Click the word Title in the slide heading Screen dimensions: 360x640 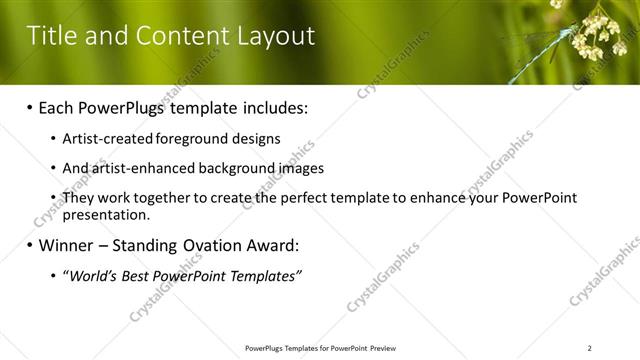pyautogui.click(x=51, y=37)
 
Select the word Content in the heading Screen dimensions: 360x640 pyautogui.click(x=180, y=37)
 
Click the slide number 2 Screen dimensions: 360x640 pyautogui.click(x=590, y=348)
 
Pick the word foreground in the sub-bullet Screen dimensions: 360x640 pyautogui.click(x=194, y=140)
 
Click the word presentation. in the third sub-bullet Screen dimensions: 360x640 pyautogui.click(x=106, y=214)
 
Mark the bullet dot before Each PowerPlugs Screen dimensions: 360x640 pyautogui.click(x=30, y=107)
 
